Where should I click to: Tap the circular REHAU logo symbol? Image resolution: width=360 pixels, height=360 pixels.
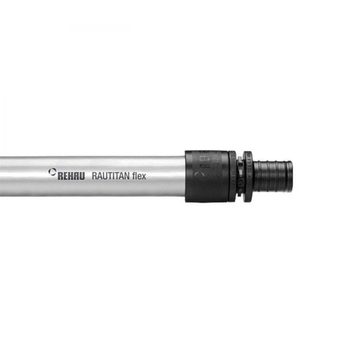pyautogui.click(x=52, y=173)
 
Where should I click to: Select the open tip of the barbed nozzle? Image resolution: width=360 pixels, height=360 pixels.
pyautogui.click(x=290, y=175)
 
